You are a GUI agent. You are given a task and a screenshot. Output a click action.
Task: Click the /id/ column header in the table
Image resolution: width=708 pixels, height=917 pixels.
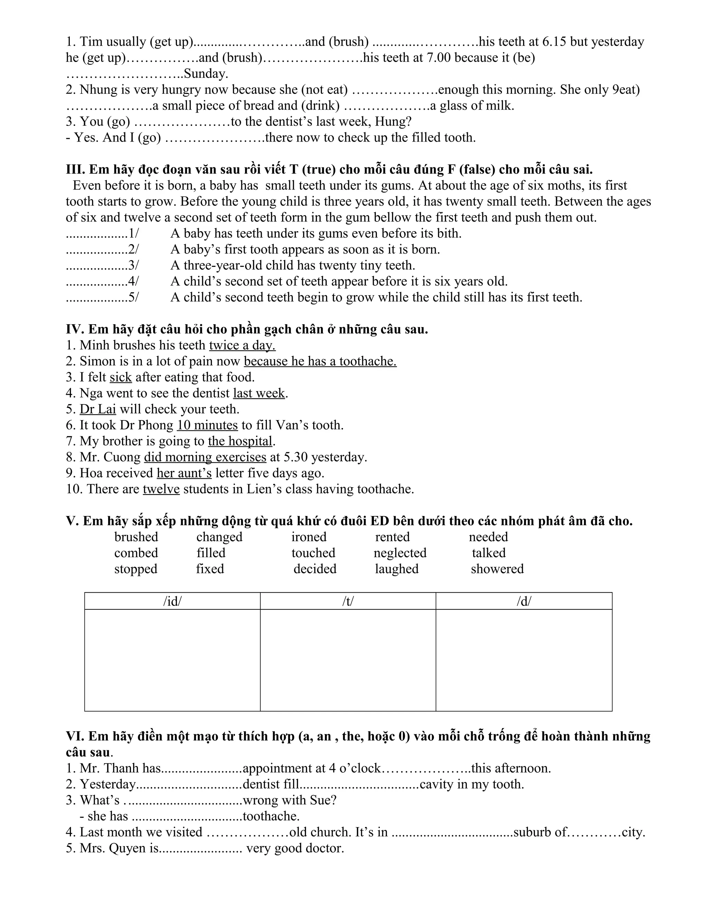[x=173, y=601]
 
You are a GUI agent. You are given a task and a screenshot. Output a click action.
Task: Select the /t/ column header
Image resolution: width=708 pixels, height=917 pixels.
[x=348, y=601]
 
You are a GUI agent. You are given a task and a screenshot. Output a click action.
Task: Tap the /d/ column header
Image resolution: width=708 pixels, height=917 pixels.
[x=524, y=601]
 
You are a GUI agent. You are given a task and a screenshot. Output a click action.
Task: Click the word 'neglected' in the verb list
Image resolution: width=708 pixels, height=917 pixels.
[x=400, y=553]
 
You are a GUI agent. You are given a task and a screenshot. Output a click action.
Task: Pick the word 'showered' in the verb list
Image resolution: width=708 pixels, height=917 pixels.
[x=497, y=569]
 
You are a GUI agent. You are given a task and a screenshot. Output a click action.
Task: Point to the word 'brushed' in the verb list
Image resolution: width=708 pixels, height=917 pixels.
[x=136, y=537]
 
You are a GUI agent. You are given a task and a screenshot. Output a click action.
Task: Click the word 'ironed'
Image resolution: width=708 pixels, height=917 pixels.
[x=309, y=537]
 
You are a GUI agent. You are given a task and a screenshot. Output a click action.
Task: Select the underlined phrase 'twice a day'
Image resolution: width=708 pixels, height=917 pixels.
[x=242, y=346]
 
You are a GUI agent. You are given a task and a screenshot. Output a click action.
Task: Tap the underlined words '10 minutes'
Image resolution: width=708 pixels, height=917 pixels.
[x=207, y=425]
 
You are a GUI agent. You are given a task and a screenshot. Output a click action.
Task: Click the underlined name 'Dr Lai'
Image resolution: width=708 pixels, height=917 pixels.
[x=98, y=409]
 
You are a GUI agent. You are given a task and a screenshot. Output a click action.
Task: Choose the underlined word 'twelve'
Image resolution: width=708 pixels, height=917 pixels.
[x=161, y=489]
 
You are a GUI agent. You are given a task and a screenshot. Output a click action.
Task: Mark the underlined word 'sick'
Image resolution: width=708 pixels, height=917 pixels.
[x=121, y=378]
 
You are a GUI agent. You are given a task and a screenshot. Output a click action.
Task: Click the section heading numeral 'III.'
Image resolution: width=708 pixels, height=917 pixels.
[x=75, y=170]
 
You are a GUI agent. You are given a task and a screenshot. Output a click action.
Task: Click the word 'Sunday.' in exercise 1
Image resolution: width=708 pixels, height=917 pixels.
[x=206, y=74]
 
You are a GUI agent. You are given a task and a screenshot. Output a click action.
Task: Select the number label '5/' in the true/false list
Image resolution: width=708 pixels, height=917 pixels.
[x=133, y=297]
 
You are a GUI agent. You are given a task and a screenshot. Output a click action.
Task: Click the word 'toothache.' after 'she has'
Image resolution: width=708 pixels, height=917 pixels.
[x=271, y=816]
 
